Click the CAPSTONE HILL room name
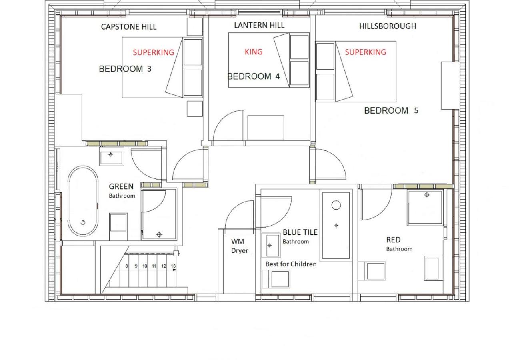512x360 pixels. coord(129,27)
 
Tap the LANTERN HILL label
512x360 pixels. coord(259,25)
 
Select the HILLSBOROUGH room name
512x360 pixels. coord(388,26)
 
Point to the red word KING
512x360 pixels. coord(254,52)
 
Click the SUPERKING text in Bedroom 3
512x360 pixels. coord(153,52)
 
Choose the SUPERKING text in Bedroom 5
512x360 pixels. coord(366,52)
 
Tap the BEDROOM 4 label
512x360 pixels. coord(254,76)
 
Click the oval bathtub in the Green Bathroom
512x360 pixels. coord(83,201)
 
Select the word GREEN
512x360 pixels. coord(121,186)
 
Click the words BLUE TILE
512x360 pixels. coord(300,232)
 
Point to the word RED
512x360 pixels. coord(393,240)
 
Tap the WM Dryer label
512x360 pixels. coord(239,246)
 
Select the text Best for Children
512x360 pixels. coord(291,264)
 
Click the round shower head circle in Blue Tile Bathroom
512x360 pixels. coord(336,205)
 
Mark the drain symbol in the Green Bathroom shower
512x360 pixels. coord(159,234)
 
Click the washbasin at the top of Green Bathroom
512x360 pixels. coord(111,156)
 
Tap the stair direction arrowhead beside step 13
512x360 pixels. coord(174,270)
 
